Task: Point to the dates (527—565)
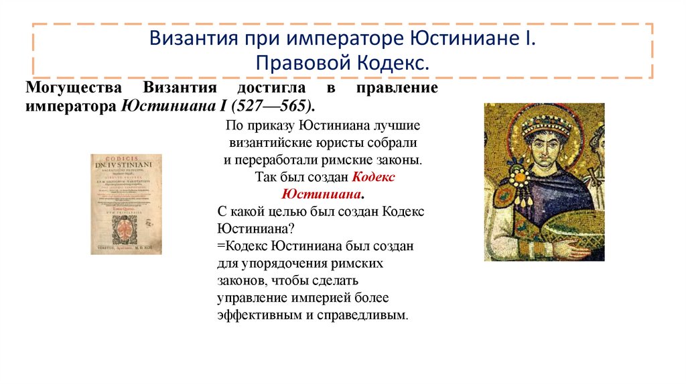(x=281, y=106)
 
